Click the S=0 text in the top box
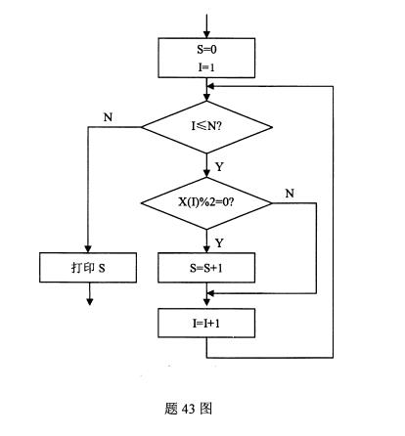tap(206, 50)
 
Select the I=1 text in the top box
tap(206, 67)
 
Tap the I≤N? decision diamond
tap(206, 127)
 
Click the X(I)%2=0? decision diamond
tap(206, 203)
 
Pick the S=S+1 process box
tap(206, 268)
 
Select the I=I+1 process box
tap(206, 323)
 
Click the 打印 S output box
tap(88, 268)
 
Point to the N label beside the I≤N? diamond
tap(108, 117)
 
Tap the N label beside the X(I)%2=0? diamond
tap(290, 194)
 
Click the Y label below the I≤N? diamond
tap(219, 167)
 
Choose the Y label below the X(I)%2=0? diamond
tap(219, 242)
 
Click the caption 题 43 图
tap(189, 409)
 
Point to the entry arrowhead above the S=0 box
tap(206, 34)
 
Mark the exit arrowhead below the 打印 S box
tap(90, 301)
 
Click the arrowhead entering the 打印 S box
tap(88, 248)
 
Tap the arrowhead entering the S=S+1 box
tap(206, 249)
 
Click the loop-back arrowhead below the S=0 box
tap(211, 86)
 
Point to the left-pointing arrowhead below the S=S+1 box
tap(211, 293)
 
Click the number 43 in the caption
tap(188, 409)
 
